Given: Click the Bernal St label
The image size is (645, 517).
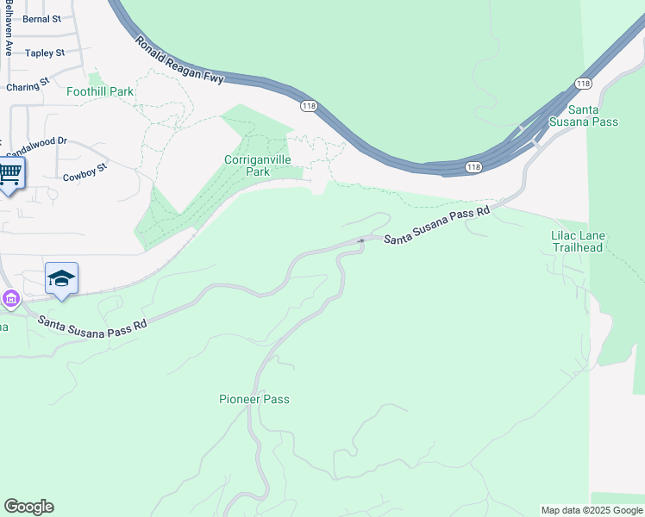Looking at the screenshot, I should pyautogui.click(x=41, y=18).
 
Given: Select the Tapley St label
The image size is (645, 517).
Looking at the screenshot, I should pyautogui.click(x=45, y=53).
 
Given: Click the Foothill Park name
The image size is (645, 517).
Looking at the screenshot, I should pyautogui.click(x=100, y=91).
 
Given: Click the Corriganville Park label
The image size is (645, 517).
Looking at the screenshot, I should pyautogui.click(x=258, y=165).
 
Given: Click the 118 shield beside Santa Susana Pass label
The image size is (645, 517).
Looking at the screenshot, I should pyautogui.click(x=584, y=84).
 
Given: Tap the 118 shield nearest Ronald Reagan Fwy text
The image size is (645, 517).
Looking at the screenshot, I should pyautogui.click(x=308, y=105).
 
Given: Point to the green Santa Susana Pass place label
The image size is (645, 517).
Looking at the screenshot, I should pyautogui.click(x=593, y=115).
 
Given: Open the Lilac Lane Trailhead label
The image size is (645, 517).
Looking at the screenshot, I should pyautogui.click(x=578, y=241).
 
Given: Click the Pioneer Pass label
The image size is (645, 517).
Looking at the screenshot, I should pyautogui.click(x=254, y=400).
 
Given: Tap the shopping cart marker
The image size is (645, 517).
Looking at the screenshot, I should pyautogui.click(x=10, y=173).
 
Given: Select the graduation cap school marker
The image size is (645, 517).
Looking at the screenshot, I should pyautogui.click(x=61, y=278).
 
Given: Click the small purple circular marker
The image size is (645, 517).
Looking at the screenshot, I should pyautogui.click(x=9, y=300).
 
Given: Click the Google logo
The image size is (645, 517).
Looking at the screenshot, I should pyautogui.click(x=28, y=507).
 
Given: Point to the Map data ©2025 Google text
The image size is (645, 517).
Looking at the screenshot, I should pyautogui.click(x=591, y=510).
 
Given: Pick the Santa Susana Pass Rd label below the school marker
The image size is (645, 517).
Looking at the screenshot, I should pyautogui.click(x=92, y=322).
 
